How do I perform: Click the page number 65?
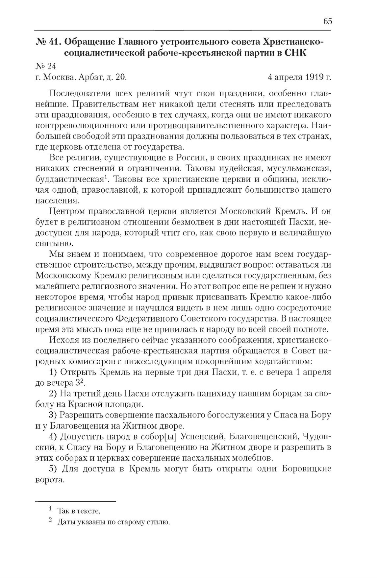tap(328, 21)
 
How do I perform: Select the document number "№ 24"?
tap(46, 66)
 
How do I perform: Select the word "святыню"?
tap(51, 244)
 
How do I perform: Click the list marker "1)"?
tap(53, 373)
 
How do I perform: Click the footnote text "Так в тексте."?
tap(79, 511)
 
